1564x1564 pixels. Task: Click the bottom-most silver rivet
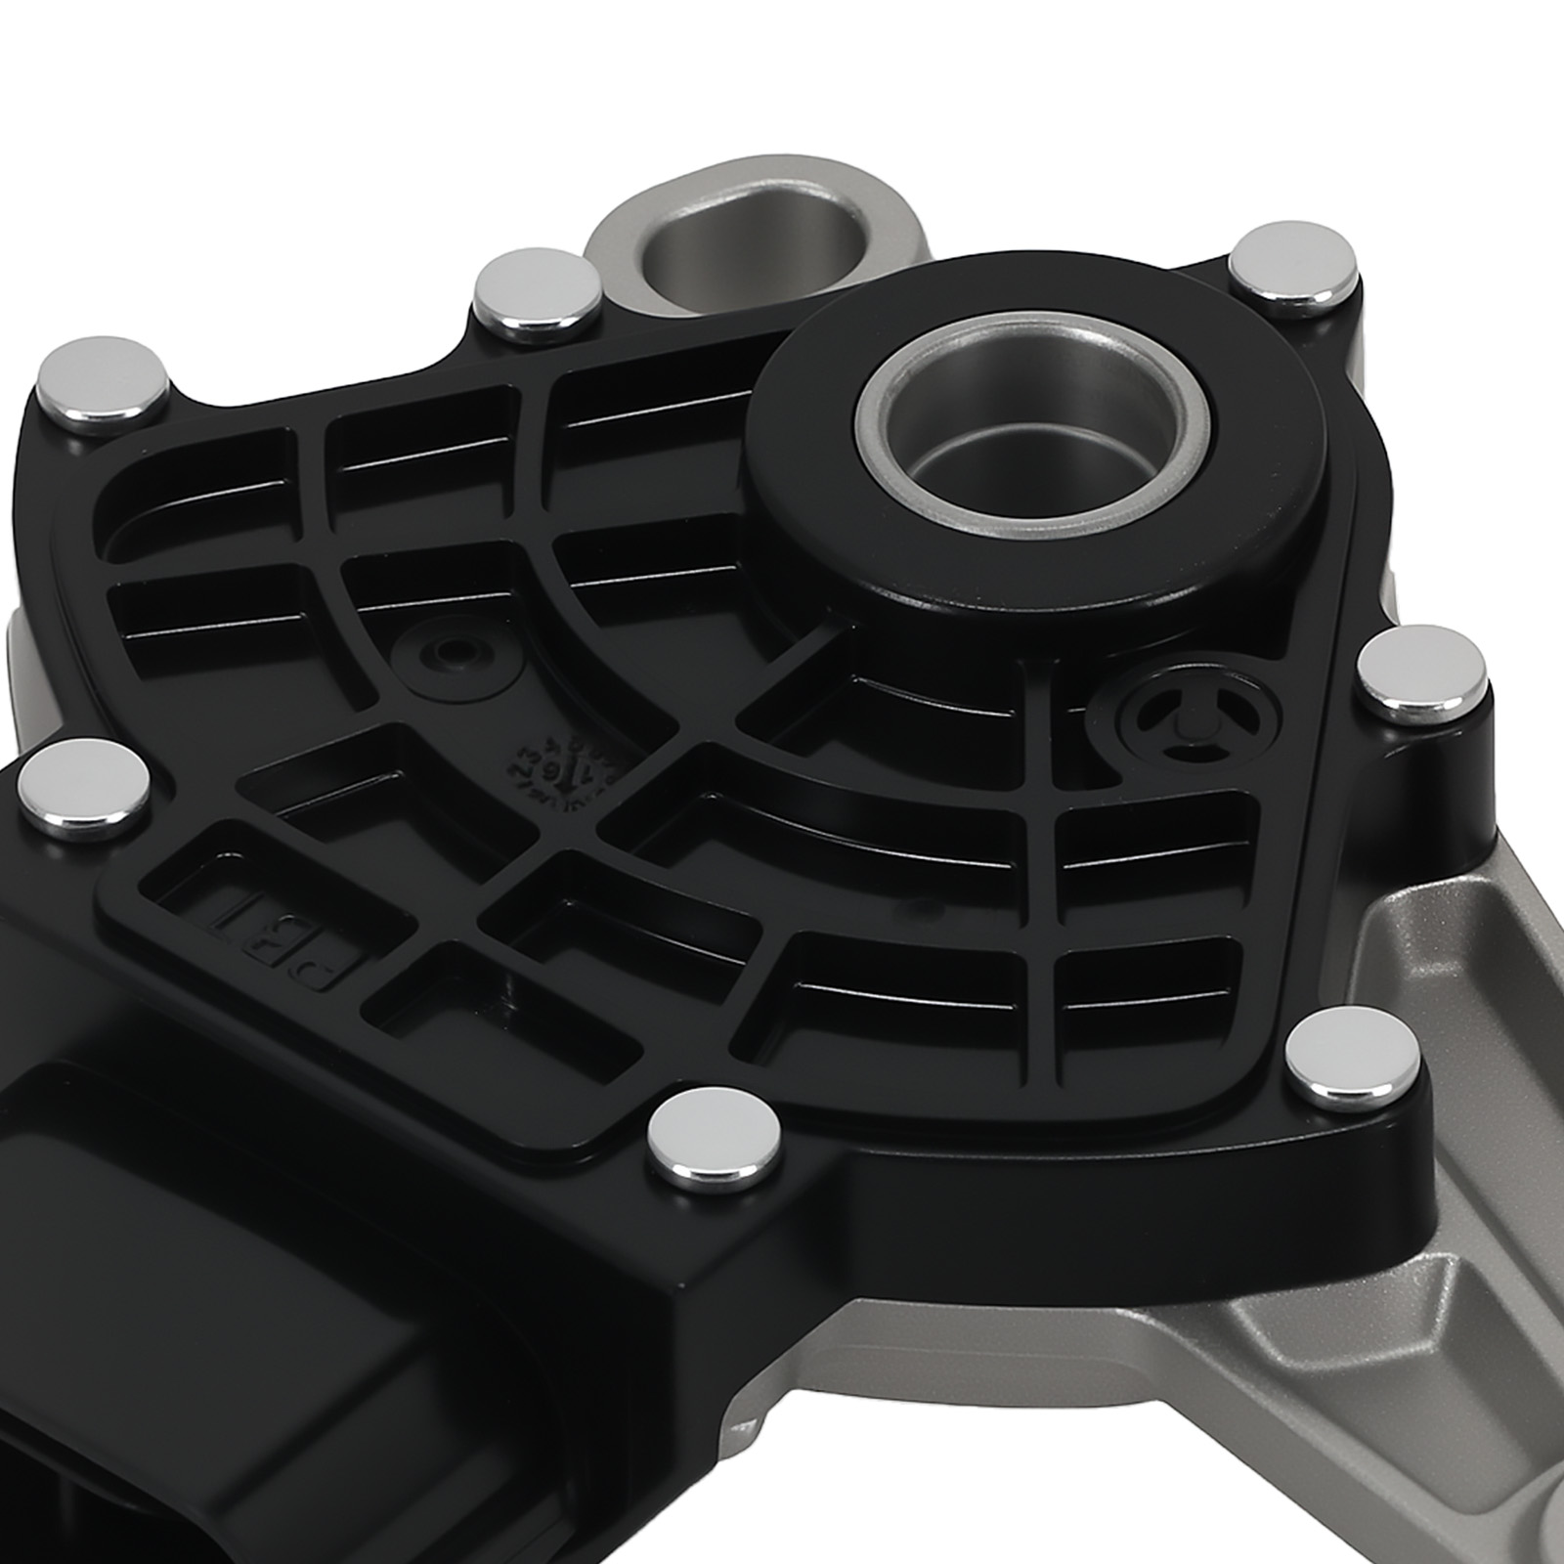pyautogui.click(x=717, y=1137)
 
